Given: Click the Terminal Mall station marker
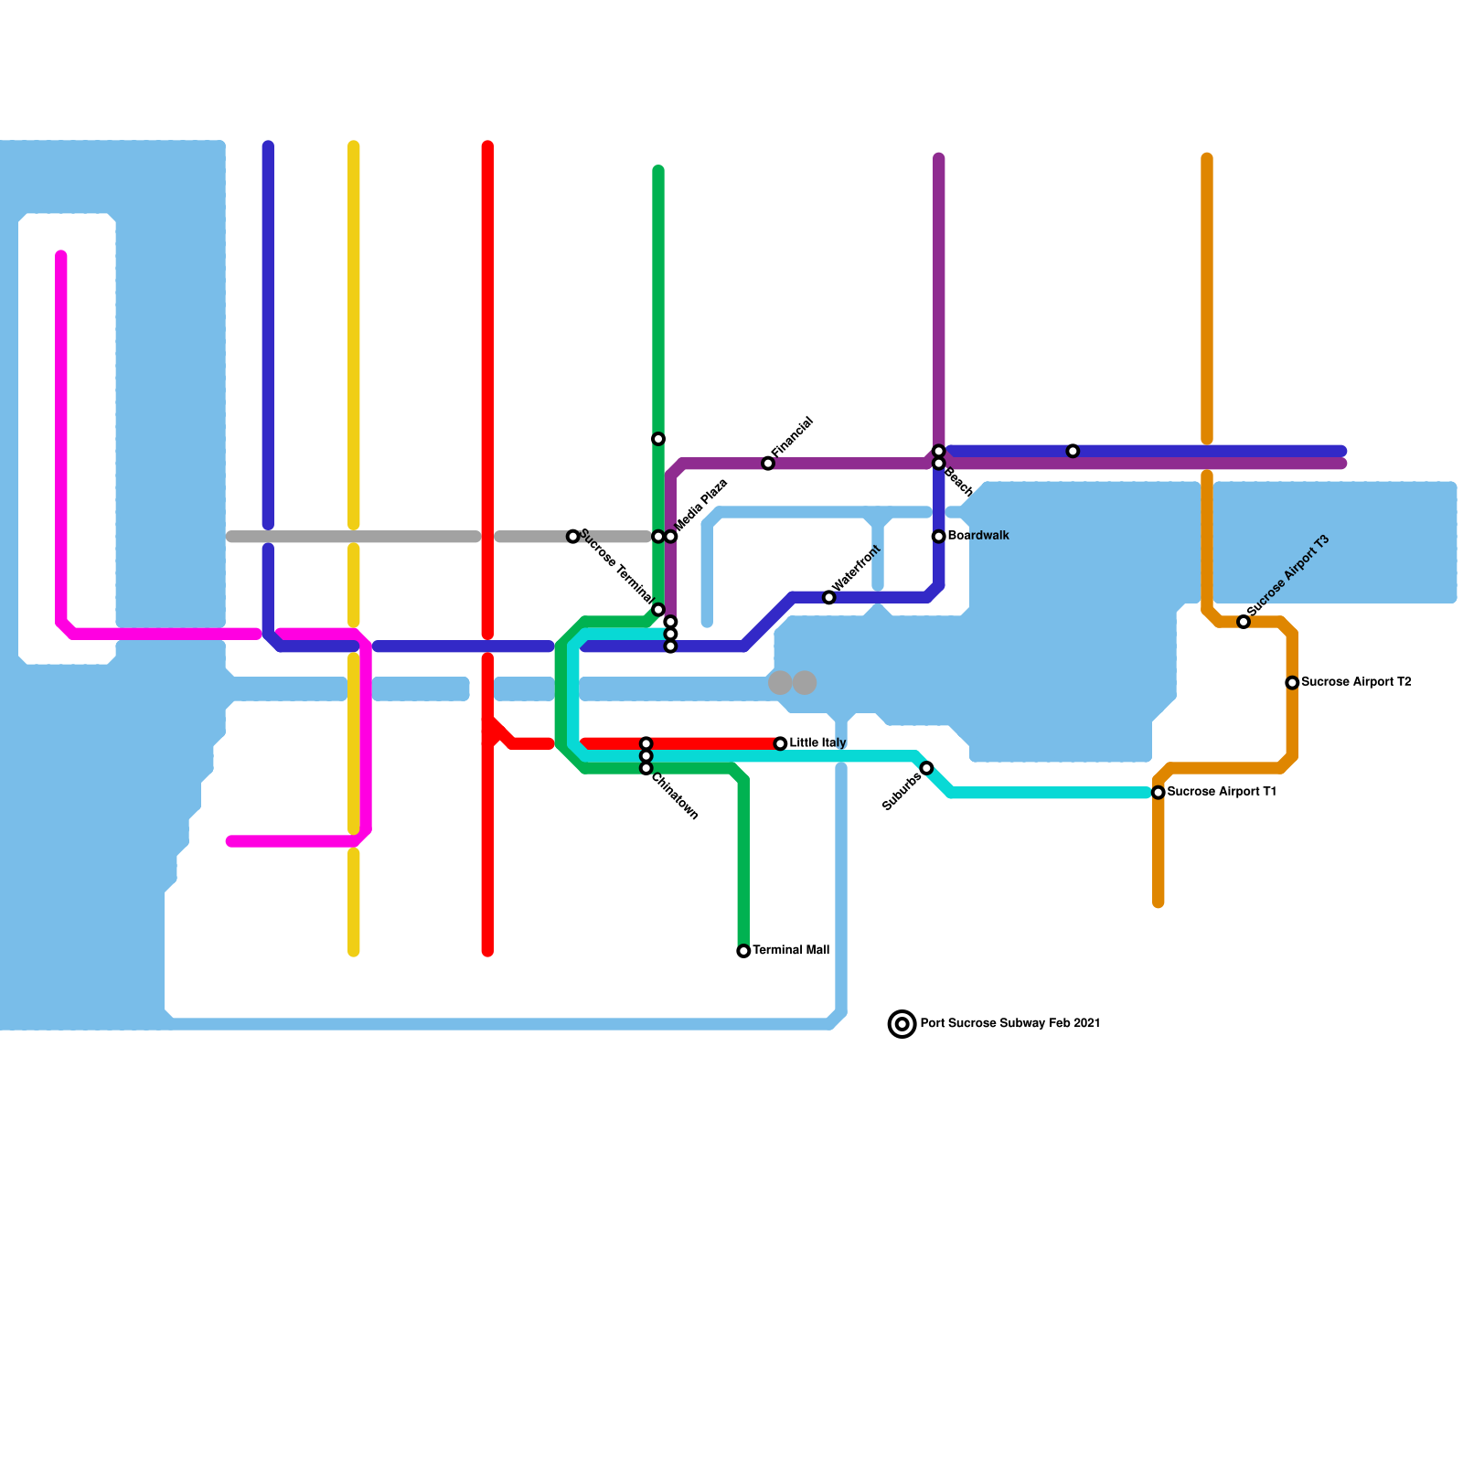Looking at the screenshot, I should (x=743, y=951).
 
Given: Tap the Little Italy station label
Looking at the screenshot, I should (x=817, y=742).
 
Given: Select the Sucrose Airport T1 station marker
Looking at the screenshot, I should (x=1159, y=792).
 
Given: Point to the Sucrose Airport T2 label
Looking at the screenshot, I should (x=1356, y=682).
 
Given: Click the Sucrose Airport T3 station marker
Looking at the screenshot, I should (x=1244, y=622).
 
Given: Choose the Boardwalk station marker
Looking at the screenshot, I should (x=938, y=536).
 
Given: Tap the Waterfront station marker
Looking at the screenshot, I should (x=829, y=597).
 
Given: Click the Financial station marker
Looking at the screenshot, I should (x=768, y=464).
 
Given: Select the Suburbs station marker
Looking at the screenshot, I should (x=926, y=768).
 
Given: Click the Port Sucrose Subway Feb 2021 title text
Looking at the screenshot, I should (x=1009, y=1023).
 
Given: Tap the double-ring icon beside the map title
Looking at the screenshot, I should (x=902, y=1024).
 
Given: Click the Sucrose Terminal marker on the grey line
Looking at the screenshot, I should (x=572, y=536).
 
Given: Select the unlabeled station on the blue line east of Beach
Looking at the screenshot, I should (x=1073, y=451).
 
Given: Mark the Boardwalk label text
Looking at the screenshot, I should (x=978, y=536).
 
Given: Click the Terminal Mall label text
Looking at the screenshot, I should (x=791, y=950).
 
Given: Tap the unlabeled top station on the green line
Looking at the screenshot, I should (x=658, y=439).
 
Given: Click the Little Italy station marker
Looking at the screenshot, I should (x=780, y=743).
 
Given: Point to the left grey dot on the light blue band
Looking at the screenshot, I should (x=780, y=682).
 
